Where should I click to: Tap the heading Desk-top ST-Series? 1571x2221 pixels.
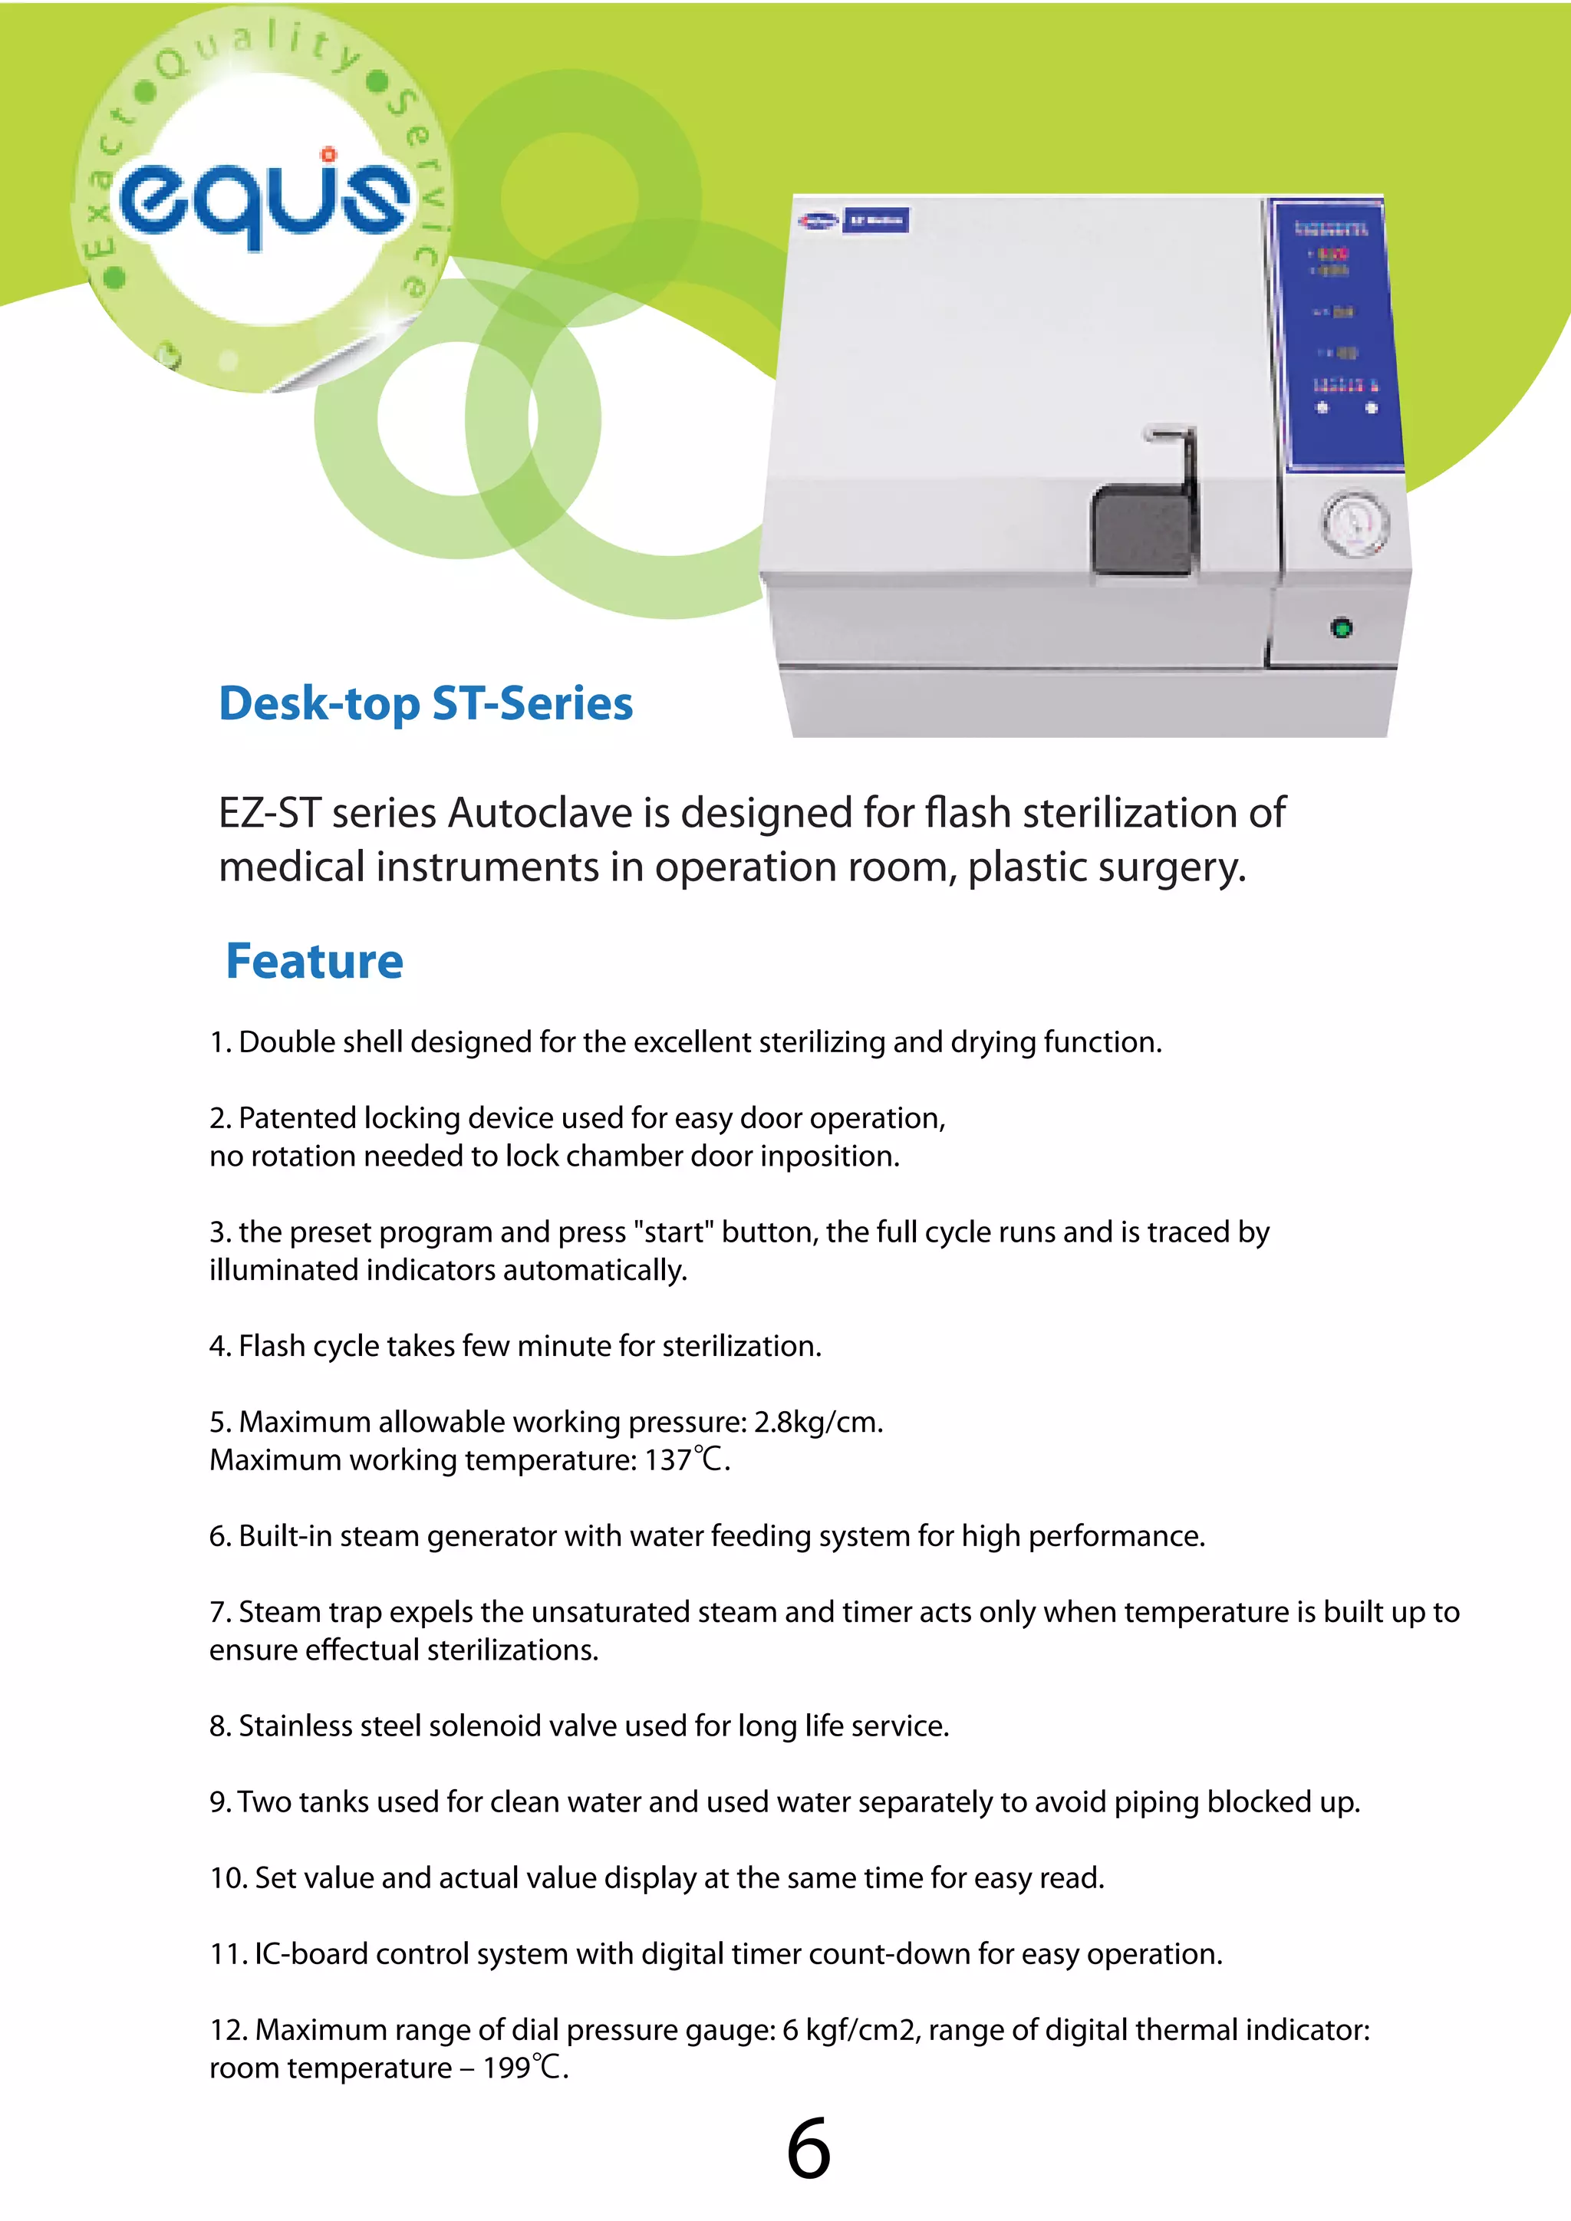(426, 703)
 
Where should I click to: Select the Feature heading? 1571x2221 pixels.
(315, 962)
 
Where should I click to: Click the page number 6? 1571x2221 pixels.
(808, 2150)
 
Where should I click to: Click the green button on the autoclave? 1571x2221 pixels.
(1342, 629)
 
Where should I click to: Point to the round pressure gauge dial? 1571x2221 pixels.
(1355, 523)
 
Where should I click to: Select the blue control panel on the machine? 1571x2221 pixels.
(1338, 334)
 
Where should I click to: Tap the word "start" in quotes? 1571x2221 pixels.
(674, 1232)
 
